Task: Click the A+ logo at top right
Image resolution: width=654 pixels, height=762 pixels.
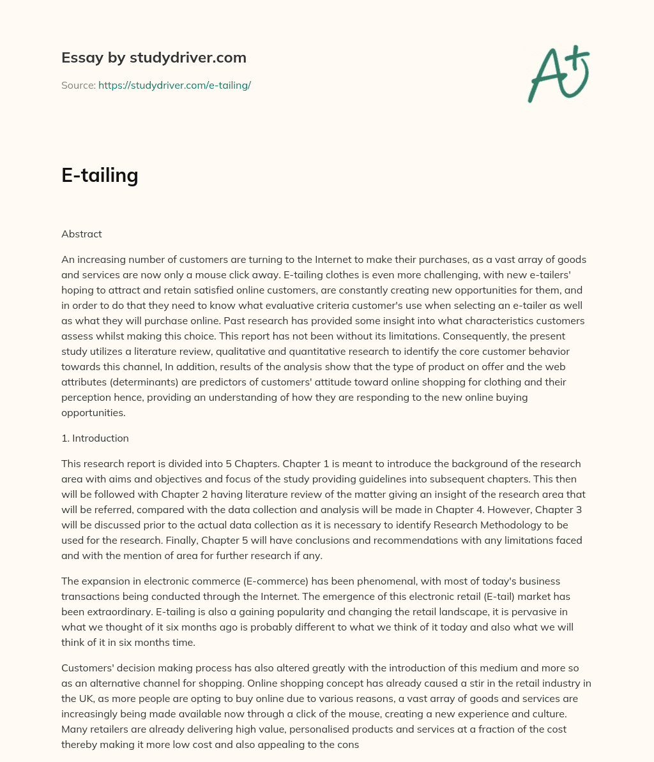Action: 558,74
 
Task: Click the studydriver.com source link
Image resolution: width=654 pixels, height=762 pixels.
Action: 174,85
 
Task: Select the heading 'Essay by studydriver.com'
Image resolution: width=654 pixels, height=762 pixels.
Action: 153,57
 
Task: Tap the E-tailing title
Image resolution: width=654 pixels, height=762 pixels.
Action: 100,175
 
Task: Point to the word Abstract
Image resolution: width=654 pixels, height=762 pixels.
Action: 81,234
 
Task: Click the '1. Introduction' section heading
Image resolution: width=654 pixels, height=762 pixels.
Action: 95,438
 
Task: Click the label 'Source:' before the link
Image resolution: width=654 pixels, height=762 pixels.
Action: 78,85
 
